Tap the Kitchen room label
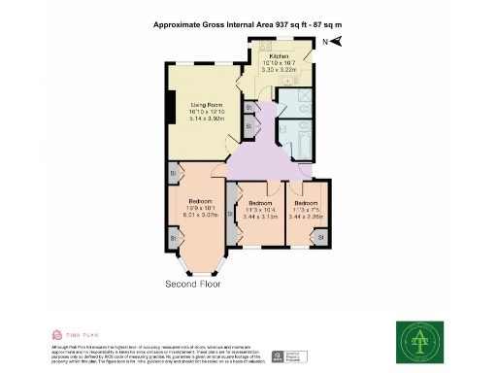(x=281, y=57)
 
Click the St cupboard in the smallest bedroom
(x=322, y=236)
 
